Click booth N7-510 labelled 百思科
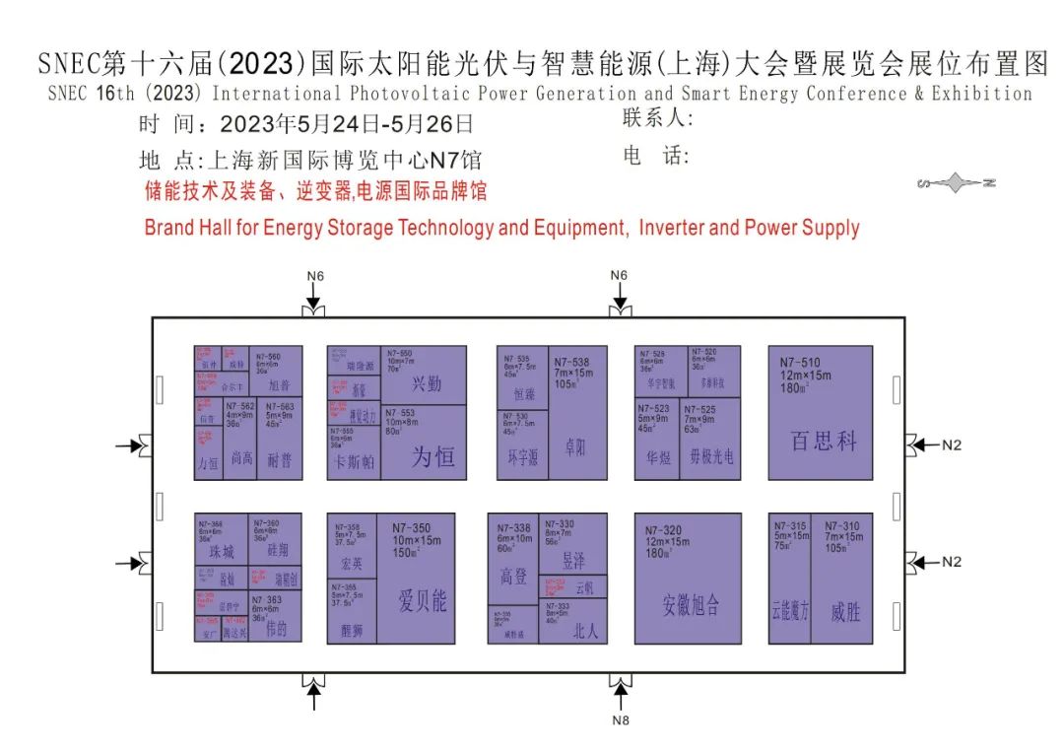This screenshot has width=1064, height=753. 820,412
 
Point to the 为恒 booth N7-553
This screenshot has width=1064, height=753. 424,443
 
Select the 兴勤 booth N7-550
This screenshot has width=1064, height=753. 424,375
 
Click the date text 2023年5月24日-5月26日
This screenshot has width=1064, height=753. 347,125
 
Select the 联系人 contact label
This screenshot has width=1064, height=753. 658,119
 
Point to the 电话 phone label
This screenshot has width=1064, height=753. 656,156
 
